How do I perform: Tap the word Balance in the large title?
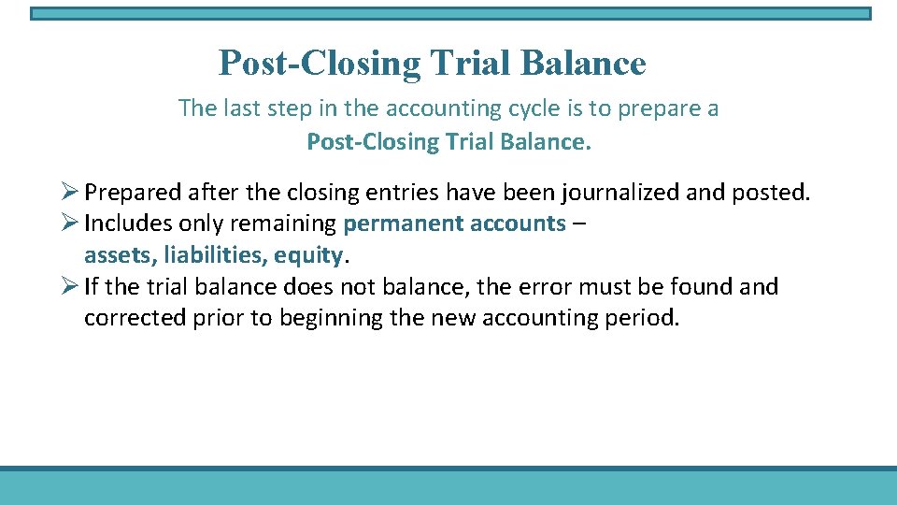583,64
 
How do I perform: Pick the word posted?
776,193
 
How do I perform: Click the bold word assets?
113,255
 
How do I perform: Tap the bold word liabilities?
208,255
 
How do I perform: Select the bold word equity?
309,255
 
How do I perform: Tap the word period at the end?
646,318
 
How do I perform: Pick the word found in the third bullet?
700,286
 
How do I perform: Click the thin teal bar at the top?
449,14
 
